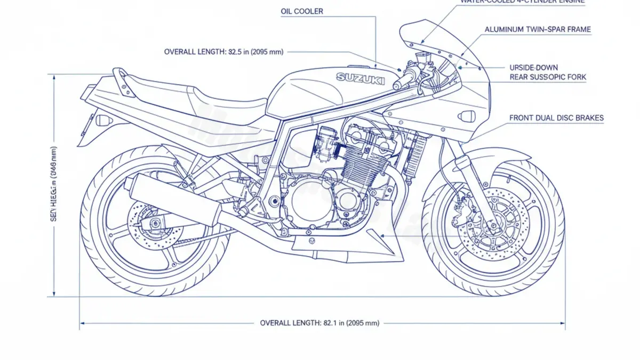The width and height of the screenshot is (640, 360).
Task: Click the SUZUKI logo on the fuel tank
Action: coord(361,78)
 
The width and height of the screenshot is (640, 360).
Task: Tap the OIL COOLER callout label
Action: coord(302,11)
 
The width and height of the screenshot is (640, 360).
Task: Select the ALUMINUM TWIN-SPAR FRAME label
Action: coord(538,29)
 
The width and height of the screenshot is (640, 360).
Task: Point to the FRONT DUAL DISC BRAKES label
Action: coord(556,118)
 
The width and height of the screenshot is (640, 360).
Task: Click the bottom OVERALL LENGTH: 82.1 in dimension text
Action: coord(319,323)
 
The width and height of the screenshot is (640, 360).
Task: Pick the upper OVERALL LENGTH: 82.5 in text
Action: coord(223,52)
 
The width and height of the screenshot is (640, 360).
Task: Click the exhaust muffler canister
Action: coord(173,199)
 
